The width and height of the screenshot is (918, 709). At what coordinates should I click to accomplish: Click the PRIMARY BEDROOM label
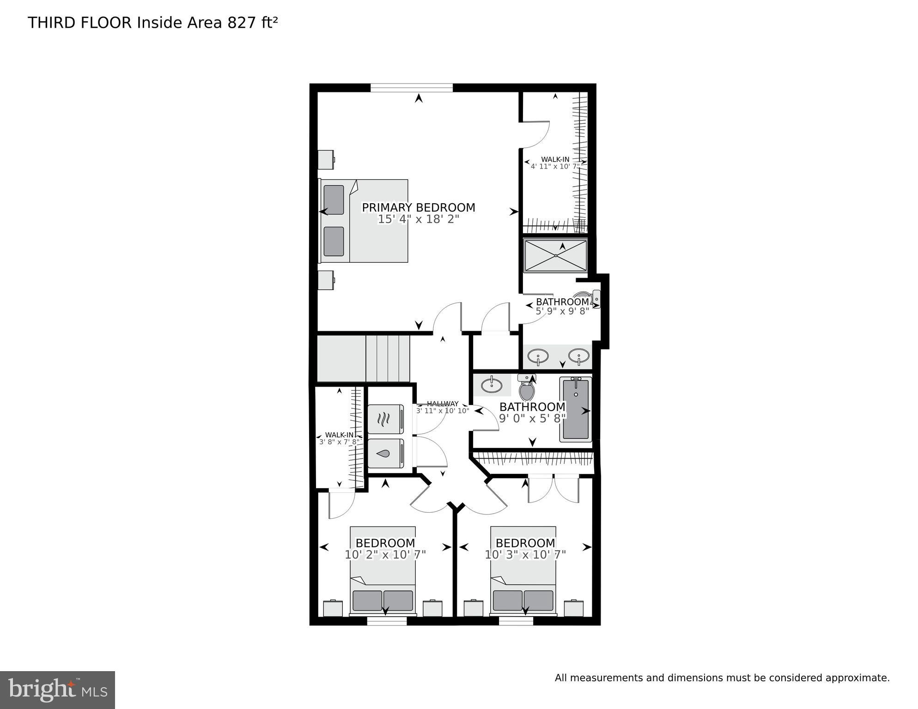pyautogui.click(x=418, y=208)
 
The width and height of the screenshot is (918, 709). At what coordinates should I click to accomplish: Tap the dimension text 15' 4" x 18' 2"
pyautogui.click(x=418, y=219)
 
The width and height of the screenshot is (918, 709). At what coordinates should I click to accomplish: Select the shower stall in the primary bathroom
pyautogui.click(x=555, y=255)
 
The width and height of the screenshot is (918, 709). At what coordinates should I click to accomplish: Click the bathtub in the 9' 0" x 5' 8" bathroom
pyautogui.click(x=575, y=409)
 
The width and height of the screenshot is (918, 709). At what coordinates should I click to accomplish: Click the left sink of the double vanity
pyautogui.click(x=538, y=357)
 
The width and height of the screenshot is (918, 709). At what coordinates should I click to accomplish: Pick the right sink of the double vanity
pyautogui.click(x=578, y=356)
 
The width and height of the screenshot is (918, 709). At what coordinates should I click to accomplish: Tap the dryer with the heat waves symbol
pyautogui.click(x=386, y=419)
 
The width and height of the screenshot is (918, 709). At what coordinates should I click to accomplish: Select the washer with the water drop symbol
pyautogui.click(x=386, y=453)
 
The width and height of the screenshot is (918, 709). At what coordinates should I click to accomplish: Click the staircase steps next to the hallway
pyautogui.click(x=388, y=358)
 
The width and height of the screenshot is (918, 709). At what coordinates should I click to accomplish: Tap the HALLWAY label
pyautogui.click(x=443, y=404)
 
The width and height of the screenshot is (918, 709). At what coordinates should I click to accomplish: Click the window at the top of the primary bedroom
pyautogui.click(x=411, y=88)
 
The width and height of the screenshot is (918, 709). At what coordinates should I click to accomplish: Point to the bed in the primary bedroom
pyautogui.click(x=365, y=221)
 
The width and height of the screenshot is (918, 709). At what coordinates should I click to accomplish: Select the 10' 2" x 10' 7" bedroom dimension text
pyautogui.click(x=385, y=555)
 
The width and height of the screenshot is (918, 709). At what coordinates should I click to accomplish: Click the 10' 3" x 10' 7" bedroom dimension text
pyautogui.click(x=525, y=555)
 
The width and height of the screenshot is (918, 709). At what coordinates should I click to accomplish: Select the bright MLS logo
pyautogui.click(x=57, y=690)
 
